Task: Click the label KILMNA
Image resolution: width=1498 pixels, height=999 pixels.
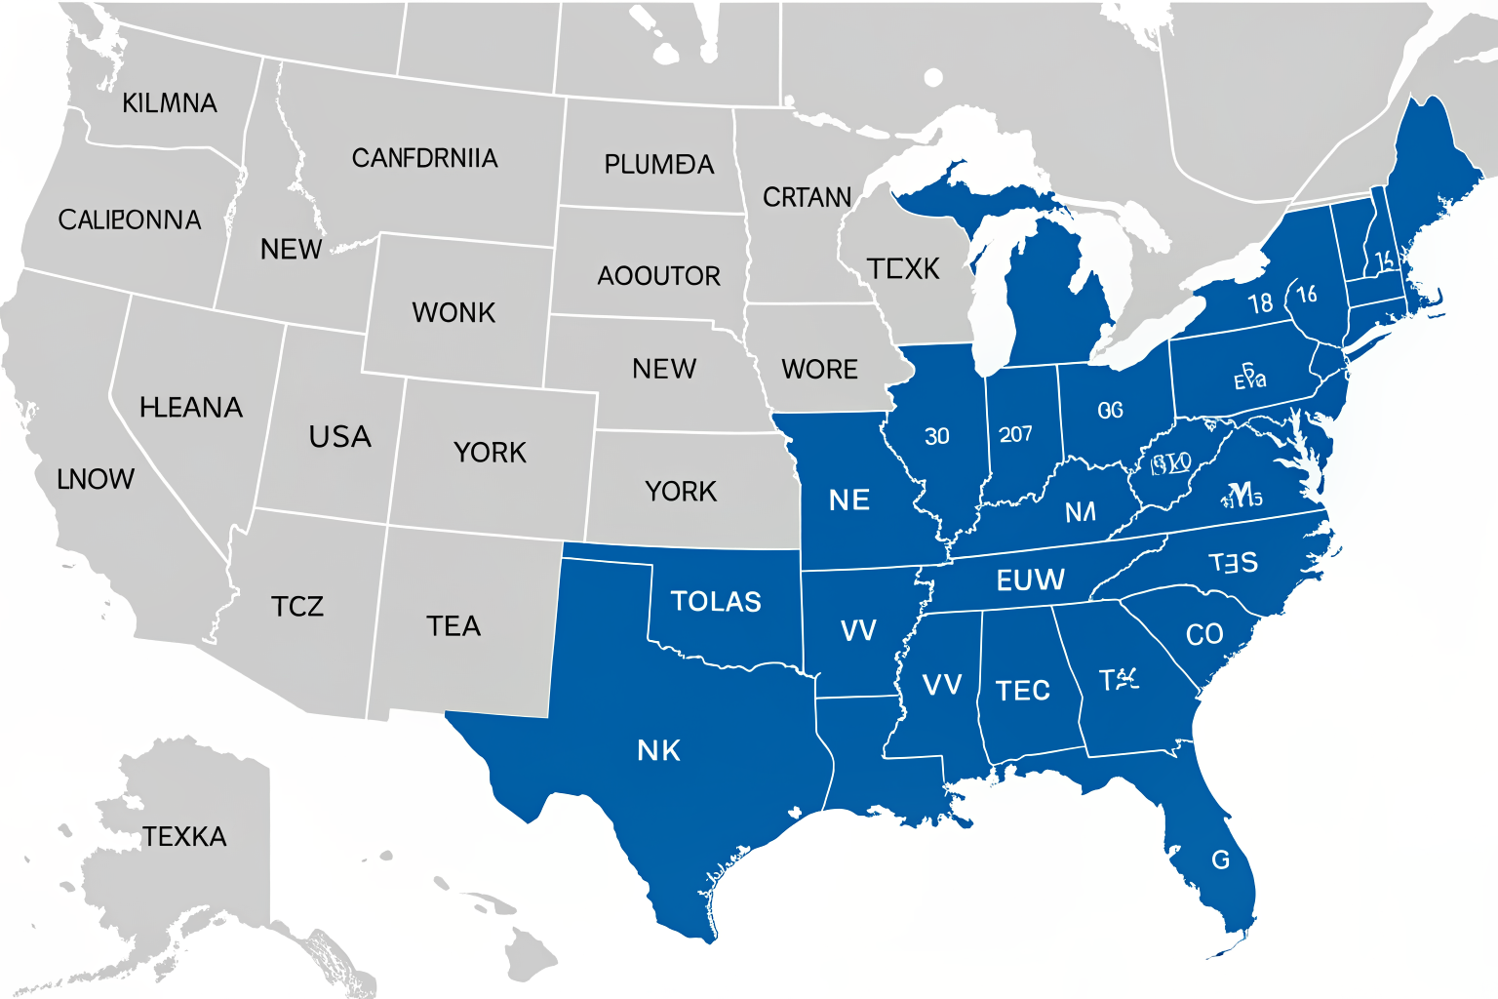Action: point(170,103)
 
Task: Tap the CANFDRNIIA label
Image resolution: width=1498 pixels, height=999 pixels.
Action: point(424,158)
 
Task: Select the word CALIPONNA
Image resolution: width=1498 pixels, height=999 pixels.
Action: point(130,220)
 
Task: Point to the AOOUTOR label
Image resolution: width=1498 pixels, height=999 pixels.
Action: point(658,276)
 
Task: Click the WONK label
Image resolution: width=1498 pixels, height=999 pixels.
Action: point(453,313)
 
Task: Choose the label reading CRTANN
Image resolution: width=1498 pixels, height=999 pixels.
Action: point(807,198)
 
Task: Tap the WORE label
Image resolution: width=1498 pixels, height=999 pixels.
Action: point(819,370)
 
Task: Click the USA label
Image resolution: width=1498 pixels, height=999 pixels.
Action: point(339,437)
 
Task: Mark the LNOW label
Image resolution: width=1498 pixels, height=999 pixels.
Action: point(96,479)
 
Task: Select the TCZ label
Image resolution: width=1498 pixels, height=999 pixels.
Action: point(297,607)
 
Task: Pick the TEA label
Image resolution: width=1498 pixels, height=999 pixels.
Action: point(453,626)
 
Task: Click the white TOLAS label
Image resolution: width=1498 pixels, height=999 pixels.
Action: point(716,602)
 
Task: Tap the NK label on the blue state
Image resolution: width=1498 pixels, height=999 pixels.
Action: point(658,751)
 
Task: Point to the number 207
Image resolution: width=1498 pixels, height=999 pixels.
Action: point(1015,434)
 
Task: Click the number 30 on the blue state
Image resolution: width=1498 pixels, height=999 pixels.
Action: point(936,436)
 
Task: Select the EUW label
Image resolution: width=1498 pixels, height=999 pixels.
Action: point(1030,581)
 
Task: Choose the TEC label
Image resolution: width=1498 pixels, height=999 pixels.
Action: point(1022,692)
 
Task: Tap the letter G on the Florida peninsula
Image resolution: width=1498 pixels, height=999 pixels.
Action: point(1220,860)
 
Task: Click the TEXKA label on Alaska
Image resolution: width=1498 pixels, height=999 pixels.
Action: point(184,837)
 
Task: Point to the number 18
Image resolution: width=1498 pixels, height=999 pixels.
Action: point(1260,303)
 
